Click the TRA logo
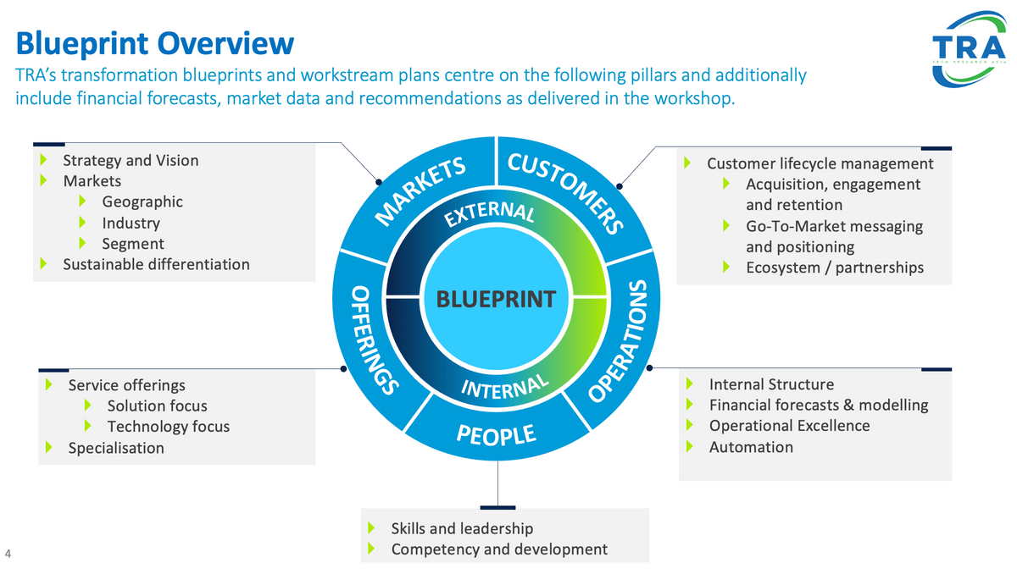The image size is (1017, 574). [x=969, y=49]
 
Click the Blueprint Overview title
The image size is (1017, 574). [x=155, y=44]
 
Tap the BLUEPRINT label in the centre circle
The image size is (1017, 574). [x=496, y=300]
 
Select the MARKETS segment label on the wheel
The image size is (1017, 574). [x=420, y=190]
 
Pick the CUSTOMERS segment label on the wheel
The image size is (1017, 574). [x=566, y=193]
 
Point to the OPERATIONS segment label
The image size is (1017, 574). [x=619, y=341]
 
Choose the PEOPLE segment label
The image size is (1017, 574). [x=496, y=434]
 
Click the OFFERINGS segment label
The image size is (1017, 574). [x=374, y=340]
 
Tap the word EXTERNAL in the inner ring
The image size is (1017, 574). [x=489, y=213]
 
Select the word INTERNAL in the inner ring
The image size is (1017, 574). [x=505, y=387]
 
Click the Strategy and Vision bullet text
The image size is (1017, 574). [x=131, y=161]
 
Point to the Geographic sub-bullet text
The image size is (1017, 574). [x=142, y=201]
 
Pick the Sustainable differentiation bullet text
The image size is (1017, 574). [x=156, y=264]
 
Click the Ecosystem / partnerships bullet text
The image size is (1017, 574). [x=835, y=268]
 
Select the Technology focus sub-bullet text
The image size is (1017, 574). [x=169, y=427]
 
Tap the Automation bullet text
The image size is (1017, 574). [x=752, y=448]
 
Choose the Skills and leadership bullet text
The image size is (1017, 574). [x=462, y=528]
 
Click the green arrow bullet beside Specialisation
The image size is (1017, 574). [x=49, y=448]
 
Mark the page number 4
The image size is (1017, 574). [x=8, y=554]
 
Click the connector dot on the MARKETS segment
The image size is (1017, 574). [x=379, y=182]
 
